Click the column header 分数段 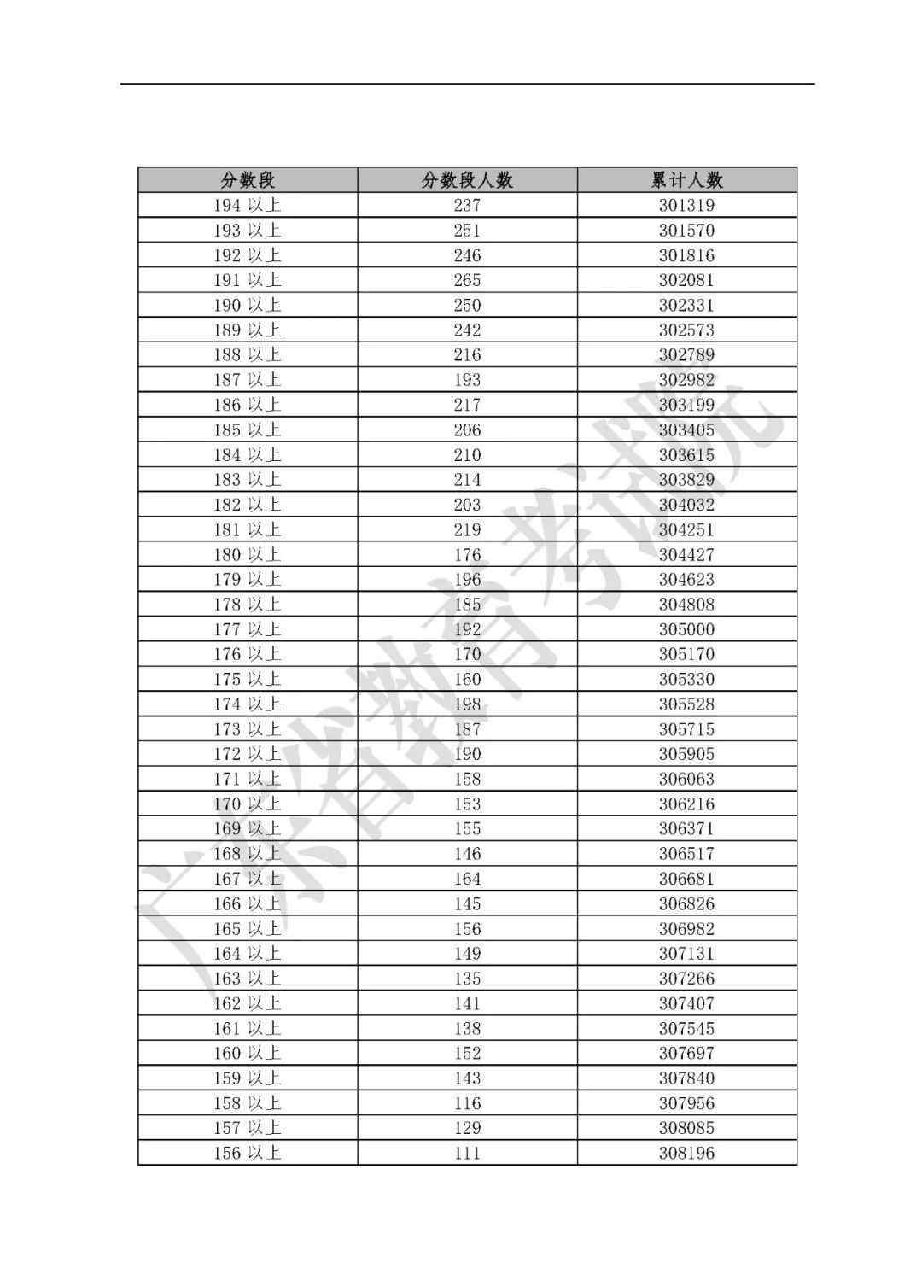pyautogui.click(x=248, y=180)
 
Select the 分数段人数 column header pyautogui.click(x=467, y=180)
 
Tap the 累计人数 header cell pyautogui.click(x=686, y=180)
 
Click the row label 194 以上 pyautogui.click(x=247, y=206)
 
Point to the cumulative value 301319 pyautogui.click(x=686, y=206)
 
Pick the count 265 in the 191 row pyautogui.click(x=467, y=280)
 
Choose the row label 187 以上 pyautogui.click(x=247, y=380)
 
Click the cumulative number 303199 pyautogui.click(x=686, y=405)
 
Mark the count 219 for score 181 pyautogui.click(x=467, y=529)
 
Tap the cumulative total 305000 pyautogui.click(x=686, y=629)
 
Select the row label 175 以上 pyautogui.click(x=247, y=680)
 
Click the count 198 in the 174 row pyautogui.click(x=467, y=704)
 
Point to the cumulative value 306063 pyautogui.click(x=686, y=779)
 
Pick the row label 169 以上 pyautogui.click(x=247, y=829)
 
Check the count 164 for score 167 pyautogui.click(x=467, y=879)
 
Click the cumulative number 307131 pyautogui.click(x=686, y=954)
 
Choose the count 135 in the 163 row pyautogui.click(x=467, y=979)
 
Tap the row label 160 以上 pyautogui.click(x=247, y=1054)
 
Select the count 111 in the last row pyautogui.click(x=467, y=1154)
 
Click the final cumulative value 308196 pyautogui.click(x=686, y=1154)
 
